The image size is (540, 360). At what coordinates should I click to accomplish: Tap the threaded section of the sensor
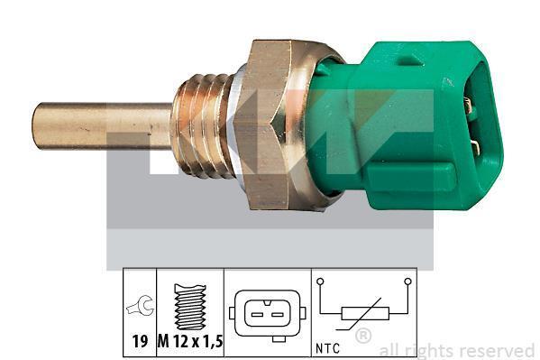pyautogui.click(x=203, y=125)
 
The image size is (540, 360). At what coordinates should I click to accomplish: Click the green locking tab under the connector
pyautogui.click(x=410, y=177)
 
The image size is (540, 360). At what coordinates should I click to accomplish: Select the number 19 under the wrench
pyautogui.click(x=140, y=341)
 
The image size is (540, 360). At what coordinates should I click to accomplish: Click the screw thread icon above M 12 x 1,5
pyautogui.click(x=190, y=306)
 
